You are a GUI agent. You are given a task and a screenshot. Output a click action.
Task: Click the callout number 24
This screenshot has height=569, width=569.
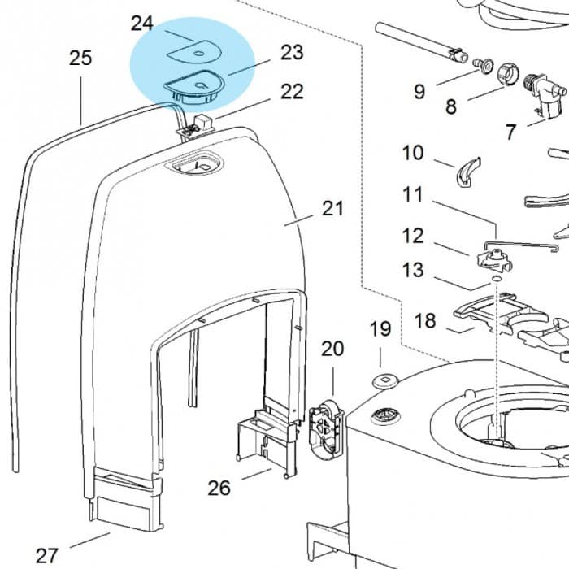(142, 23)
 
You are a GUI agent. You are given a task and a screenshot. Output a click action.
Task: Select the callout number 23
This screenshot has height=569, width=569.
(292, 53)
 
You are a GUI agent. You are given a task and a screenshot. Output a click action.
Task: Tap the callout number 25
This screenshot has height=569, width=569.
(80, 59)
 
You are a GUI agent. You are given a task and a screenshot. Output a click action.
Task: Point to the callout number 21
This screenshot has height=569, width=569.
(333, 209)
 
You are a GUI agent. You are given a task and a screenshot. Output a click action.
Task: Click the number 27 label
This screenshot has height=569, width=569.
(47, 556)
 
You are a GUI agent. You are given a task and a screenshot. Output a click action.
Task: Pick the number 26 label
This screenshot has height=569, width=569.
(219, 488)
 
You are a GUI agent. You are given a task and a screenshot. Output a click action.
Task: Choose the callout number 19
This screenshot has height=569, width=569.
(380, 330)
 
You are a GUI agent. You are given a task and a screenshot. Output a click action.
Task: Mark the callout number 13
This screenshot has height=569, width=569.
(413, 269)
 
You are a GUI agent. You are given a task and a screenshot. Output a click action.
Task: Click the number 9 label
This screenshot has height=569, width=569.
(419, 91)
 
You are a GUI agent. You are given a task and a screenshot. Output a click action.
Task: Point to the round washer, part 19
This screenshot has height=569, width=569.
(380, 380)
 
